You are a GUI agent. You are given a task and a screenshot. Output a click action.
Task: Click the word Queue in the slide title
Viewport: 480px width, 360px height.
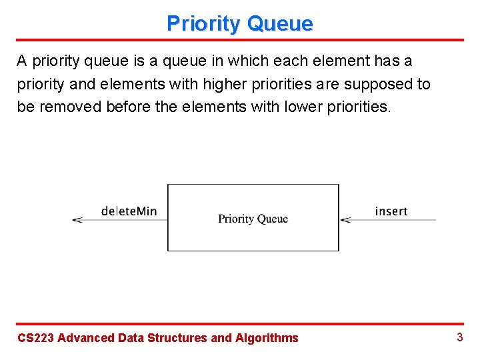pos(279,24)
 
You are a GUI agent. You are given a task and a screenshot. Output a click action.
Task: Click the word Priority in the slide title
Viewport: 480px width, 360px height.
pos(203,24)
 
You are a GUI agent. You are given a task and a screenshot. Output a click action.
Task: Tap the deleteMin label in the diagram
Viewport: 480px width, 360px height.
pos(129,211)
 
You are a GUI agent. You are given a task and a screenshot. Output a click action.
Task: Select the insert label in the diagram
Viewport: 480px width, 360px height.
pos(391,211)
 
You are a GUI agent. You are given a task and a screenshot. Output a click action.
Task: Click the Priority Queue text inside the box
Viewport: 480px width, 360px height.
pos(253,219)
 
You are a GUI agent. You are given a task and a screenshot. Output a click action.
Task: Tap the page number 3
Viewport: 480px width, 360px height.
pos(459,337)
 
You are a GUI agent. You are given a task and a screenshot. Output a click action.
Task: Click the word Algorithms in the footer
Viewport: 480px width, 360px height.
pos(267,338)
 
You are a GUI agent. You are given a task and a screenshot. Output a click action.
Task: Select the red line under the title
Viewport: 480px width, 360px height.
pos(240,40)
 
